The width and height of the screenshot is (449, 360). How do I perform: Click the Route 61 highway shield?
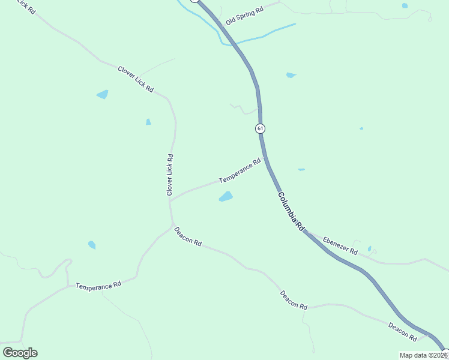[x=260, y=128]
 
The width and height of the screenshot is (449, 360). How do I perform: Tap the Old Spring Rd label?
[x=245, y=16]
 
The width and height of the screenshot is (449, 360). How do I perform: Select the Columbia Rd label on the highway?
[x=291, y=212]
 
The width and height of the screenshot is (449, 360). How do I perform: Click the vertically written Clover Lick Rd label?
[x=170, y=175]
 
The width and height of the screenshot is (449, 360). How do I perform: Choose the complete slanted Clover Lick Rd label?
[x=136, y=79]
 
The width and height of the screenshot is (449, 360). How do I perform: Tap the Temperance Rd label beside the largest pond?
[x=240, y=171]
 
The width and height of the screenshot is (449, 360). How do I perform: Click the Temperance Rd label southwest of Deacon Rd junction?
[x=98, y=286]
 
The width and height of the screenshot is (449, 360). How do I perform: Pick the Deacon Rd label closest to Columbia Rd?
[x=402, y=331]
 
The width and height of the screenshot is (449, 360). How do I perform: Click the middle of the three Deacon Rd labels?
[x=294, y=299]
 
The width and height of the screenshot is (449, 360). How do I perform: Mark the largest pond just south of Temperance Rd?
[x=226, y=197]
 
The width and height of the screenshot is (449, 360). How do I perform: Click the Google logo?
[x=20, y=353]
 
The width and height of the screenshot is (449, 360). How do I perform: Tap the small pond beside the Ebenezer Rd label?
[x=369, y=248]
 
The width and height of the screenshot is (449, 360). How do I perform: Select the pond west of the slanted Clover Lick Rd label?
[x=103, y=94]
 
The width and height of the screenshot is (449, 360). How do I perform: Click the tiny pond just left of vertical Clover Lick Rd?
[x=148, y=122]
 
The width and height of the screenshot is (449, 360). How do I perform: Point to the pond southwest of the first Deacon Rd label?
[x=92, y=245]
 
